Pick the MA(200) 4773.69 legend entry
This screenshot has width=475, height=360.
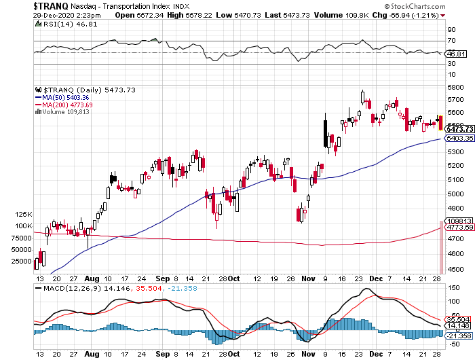pyautogui.click(x=68, y=105)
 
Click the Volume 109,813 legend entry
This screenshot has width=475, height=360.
pyautogui.click(x=65, y=112)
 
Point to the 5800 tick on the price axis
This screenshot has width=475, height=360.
pyautogui.click(x=455, y=88)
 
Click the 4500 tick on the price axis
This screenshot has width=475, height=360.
pyautogui.click(x=455, y=270)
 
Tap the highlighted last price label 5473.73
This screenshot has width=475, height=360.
pyautogui.click(x=459, y=129)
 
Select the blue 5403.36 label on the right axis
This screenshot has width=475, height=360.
pyautogui.click(x=459, y=139)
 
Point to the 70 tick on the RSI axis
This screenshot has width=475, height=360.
pyautogui.click(x=450, y=41)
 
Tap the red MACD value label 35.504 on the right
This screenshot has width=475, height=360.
pyautogui.click(x=459, y=319)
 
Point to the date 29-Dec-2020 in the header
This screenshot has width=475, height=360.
pyautogui.click(x=24, y=15)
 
